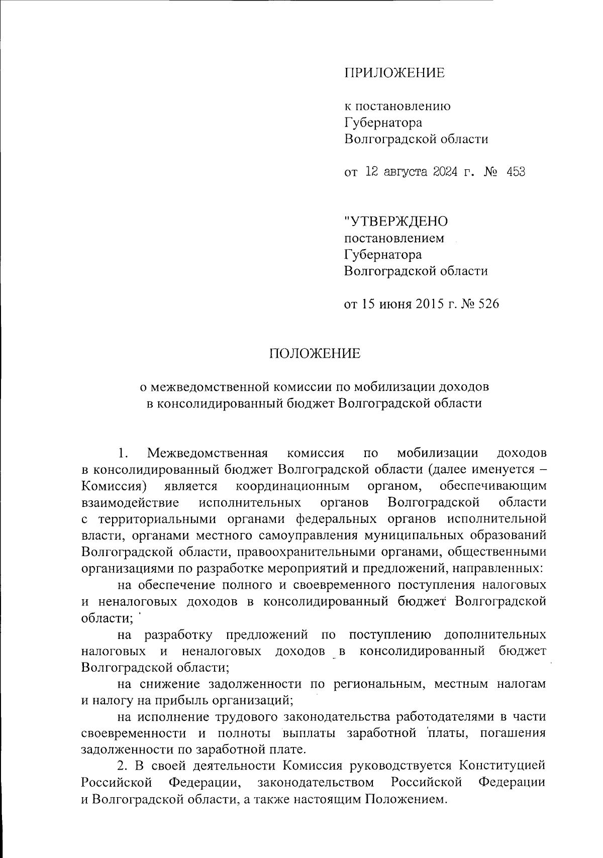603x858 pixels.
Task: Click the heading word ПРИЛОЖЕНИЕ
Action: pyautogui.click(x=394, y=73)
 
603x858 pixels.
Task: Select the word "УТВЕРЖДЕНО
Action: pyautogui.click(x=396, y=221)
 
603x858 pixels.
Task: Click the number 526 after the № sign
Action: pyautogui.click(x=488, y=304)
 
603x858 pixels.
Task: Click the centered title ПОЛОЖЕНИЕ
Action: pyautogui.click(x=315, y=354)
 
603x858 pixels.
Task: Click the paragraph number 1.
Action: pyautogui.click(x=122, y=453)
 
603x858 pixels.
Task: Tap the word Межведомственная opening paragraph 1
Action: pyautogui.click(x=207, y=453)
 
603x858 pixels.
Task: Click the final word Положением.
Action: pyautogui.click(x=406, y=799)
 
